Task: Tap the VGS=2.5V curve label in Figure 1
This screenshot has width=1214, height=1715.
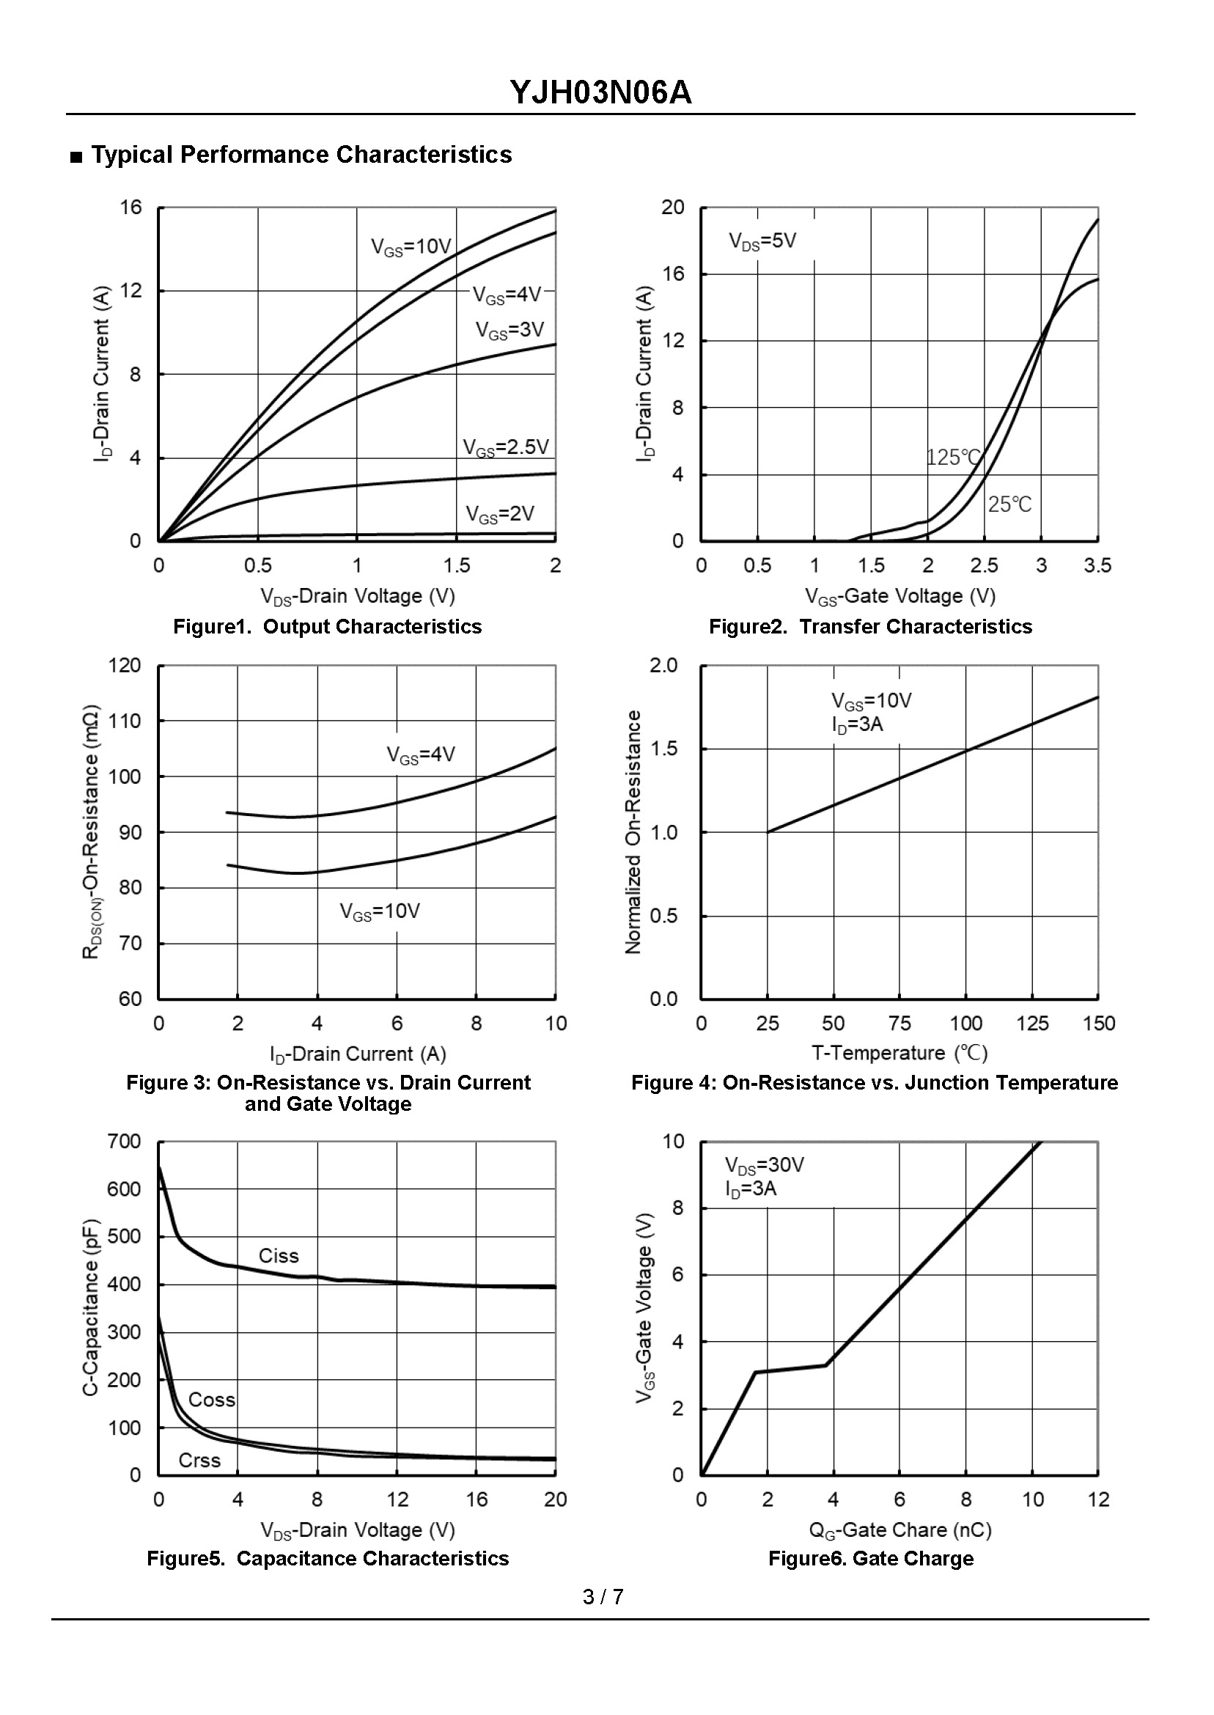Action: pos(505,448)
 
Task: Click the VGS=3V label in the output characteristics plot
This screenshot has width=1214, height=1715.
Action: pos(509,330)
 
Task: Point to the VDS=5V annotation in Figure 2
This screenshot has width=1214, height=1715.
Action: pos(762,241)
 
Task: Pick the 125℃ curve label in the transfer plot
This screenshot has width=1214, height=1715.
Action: pos(952,457)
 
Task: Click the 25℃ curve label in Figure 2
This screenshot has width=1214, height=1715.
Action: pos(1009,504)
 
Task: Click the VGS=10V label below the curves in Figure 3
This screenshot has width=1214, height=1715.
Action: pos(380,911)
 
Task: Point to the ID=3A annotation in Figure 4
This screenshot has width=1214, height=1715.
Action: pos(857,724)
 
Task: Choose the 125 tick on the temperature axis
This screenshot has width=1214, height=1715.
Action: pos(1031,1024)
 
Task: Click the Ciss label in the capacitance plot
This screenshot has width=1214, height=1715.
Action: pos(278,1256)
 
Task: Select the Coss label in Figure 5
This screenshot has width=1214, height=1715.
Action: pos(212,1400)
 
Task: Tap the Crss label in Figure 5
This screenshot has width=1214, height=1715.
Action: pos(199,1460)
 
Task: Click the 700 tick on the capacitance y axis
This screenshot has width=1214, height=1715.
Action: pos(124,1141)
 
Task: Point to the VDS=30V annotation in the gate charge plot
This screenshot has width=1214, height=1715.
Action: pos(764,1165)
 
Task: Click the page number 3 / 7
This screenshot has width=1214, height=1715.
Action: pos(603,1597)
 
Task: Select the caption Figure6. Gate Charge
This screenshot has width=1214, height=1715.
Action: pos(871,1559)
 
